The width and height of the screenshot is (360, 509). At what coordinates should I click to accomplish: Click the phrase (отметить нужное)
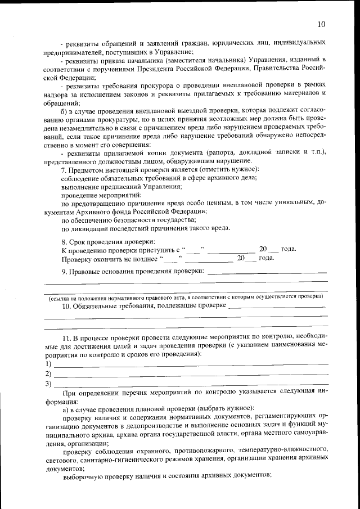coord(226,169)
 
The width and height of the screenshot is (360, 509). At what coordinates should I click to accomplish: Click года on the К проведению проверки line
coord(288,249)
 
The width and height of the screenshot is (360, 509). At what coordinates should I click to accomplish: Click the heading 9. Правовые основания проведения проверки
coord(133,271)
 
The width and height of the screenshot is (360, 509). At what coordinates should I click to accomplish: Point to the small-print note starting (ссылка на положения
coord(185,296)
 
